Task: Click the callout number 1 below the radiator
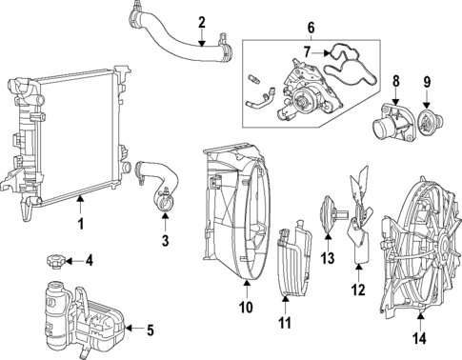pyautogui.click(x=81, y=224)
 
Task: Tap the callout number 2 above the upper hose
pyautogui.click(x=202, y=23)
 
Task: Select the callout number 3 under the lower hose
pyautogui.click(x=165, y=241)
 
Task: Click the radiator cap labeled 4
pyautogui.click(x=54, y=262)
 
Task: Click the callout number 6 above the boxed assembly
pyautogui.click(x=311, y=28)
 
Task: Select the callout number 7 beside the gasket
pyautogui.click(x=307, y=52)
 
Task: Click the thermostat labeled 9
pyautogui.click(x=430, y=122)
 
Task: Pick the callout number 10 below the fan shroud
pyautogui.click(x=247, y=307)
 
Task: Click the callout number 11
pyautogui.click(x=284, y=324)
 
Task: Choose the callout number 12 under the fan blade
pyautogui.click(x=358, y=290)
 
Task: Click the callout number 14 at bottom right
pyautogui.click(x=419, y=339)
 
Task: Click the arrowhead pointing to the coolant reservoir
pyautogui.click(x=129, y=329)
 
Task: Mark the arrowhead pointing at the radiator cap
pyautogui.click(x=69, y=261)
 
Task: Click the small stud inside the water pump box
pyautogui.click(x=252, y=78)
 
